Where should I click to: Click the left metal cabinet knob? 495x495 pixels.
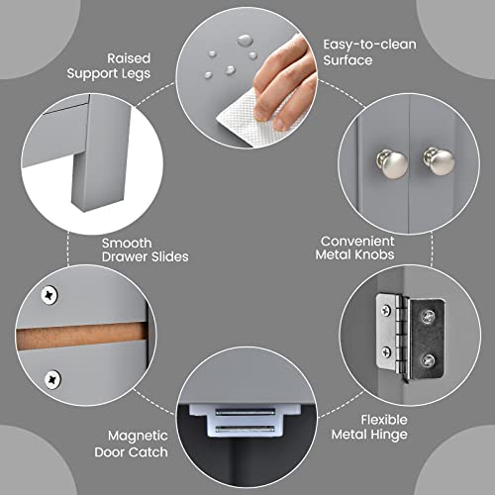pyautogui.click(x=392, y=163)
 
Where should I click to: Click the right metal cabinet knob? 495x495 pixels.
pyautogui.click(x=439, y=161)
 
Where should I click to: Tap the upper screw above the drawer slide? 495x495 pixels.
pyautogui.click(x=49, y=295)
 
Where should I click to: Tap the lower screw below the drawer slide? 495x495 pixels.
pyautogui.click(x=52, y=379)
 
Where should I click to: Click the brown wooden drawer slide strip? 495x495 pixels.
pyautogui.click(x=81, y=336)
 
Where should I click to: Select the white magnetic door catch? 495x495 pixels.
pyautogui.click(x=245, y=420)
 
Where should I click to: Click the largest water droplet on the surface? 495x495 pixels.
pyautogui.click(x=246, y=41)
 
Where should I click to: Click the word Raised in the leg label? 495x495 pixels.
pyautogui.click(x=129, y=58)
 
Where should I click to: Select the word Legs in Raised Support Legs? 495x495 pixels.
pyautogui.click(x=136, y=74)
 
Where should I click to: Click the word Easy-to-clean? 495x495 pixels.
pyautogui.click(x=369, y=45)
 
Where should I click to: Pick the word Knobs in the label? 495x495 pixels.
pyautogui.click(x=375, y=254)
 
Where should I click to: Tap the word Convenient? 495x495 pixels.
pyautogui.click(x=357, y=242)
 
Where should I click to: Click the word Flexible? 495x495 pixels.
pyautogui.click(x=384, y=420)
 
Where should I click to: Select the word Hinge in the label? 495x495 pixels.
pyautogui.click(x=390, y=435)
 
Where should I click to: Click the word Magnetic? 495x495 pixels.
pyautogui.click(x=138, y=437)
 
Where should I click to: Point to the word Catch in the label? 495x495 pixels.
pyautogui.click(x=149, y=452)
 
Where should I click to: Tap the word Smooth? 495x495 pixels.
pyautogui.click(x=127, y=244)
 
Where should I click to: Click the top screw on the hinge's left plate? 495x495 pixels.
pyautogui.click(x=385, y=310)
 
